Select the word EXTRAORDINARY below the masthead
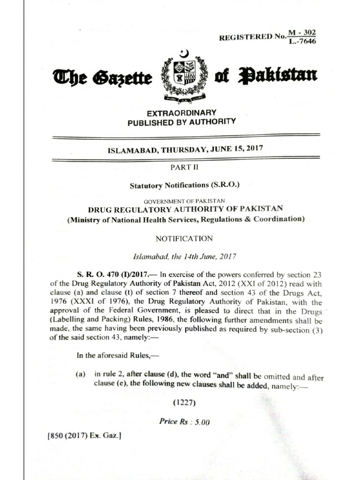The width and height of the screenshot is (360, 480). coord(181,113)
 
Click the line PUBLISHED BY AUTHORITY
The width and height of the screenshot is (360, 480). coord(182,122)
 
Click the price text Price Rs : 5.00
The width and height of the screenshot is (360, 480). coord(184,421)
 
